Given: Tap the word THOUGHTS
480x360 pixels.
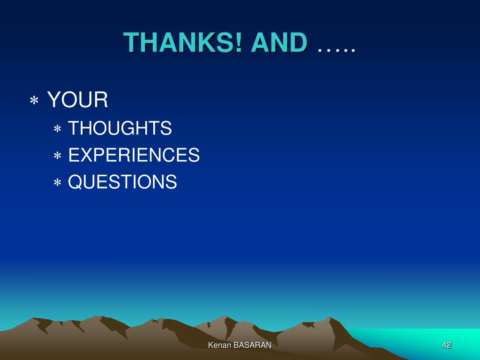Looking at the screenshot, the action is (120, 127).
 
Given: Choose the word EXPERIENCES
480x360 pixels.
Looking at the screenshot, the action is (134, 155).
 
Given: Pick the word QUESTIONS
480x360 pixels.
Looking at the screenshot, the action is (122, 181).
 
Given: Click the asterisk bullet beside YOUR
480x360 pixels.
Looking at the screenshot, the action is (34, 100).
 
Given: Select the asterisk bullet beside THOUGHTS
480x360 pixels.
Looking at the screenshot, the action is (57, 128).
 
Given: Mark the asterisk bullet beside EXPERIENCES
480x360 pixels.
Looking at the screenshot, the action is (57, 156).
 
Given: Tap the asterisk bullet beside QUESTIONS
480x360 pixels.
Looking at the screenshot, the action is (57, 183).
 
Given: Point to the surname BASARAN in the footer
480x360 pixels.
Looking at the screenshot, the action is (253, 345).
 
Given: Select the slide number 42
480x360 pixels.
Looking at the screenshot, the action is (447, 345).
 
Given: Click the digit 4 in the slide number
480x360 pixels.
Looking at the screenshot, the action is (444, 345).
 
